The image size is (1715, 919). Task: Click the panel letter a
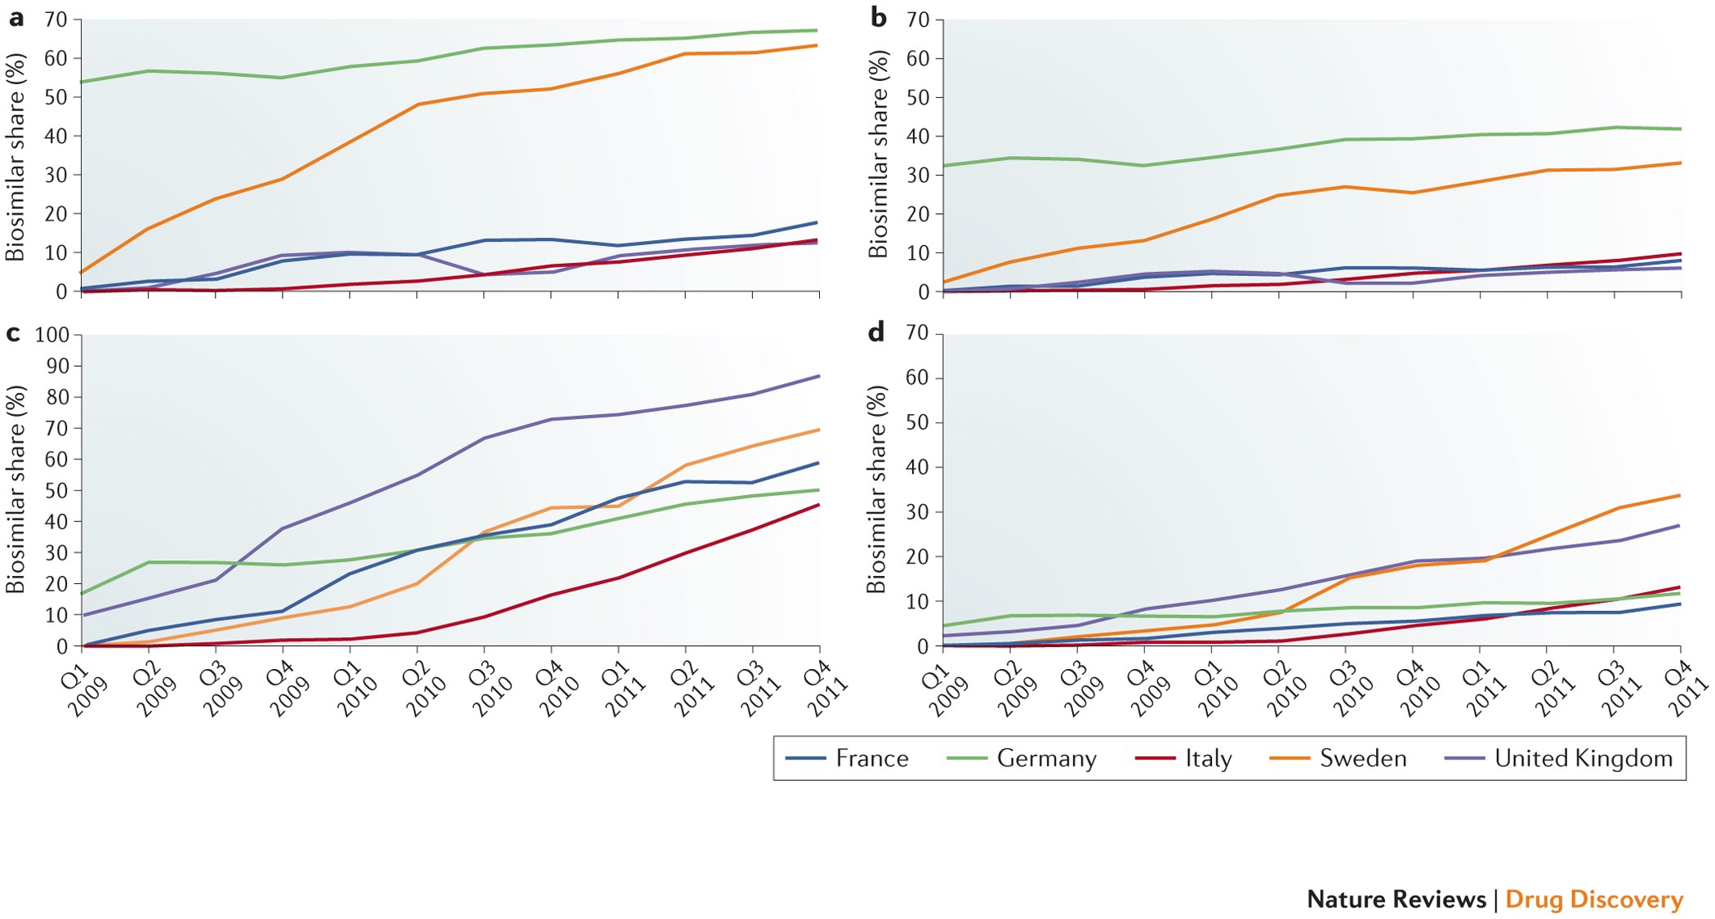tap(15, 16)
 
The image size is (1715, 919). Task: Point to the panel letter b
tap(878, 16)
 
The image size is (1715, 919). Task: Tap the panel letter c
tap(13, 332)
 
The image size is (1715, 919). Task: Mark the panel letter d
tap(875, 332)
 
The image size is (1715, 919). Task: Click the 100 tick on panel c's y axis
tap(52, 335)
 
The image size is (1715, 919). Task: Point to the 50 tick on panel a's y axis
tap(56, 97)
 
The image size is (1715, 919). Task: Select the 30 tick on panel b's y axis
tap(918, 175)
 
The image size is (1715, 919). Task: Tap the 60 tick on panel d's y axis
tap(918, 377)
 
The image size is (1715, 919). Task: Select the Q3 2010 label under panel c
tap(488, 688)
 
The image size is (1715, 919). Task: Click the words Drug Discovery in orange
tap(1593, 899)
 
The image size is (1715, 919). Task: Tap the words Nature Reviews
tap(1396, 899)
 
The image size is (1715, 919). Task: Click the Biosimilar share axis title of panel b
tap(878, 155)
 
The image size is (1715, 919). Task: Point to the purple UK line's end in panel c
tap(818, 377)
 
